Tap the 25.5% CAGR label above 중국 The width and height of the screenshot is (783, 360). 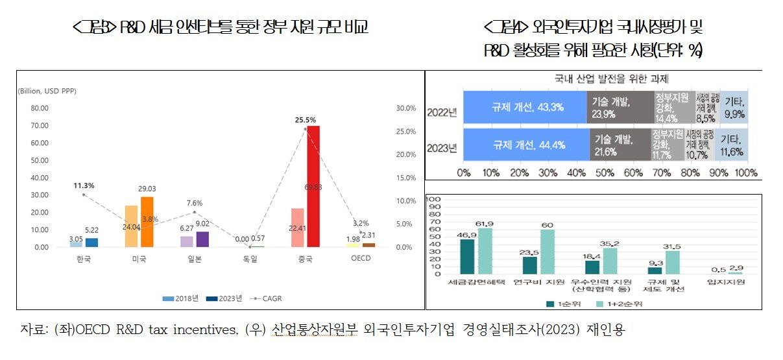point(305,120)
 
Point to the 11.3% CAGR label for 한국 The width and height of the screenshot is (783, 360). point(84,186)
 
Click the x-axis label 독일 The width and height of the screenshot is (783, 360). point(250,259)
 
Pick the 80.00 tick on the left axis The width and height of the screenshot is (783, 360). point(40,108)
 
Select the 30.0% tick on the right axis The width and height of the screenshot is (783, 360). point(405,108)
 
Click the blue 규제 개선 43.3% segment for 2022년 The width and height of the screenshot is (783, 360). point(524,107)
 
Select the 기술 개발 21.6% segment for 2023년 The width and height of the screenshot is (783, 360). point(620,144)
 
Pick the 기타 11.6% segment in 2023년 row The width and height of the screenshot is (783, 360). point(731,144)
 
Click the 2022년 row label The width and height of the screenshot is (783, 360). point(442,111)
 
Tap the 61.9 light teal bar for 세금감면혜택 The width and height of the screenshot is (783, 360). point(485,252)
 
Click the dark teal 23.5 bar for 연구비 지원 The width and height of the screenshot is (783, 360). point(529,265)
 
